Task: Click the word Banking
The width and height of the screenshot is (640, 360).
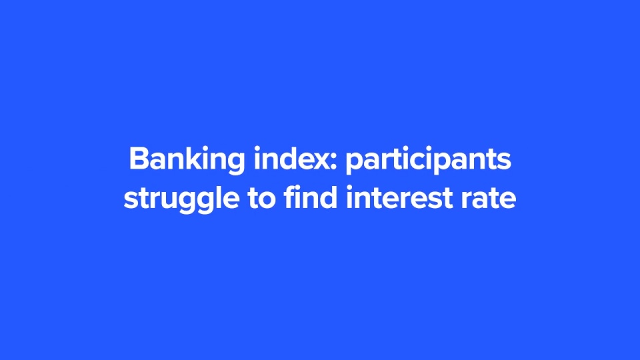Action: [187, 161]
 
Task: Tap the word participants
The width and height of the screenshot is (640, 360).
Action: [428, 161]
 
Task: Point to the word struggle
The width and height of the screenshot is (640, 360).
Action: [181, 199]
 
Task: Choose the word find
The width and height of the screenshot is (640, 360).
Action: [311, 197]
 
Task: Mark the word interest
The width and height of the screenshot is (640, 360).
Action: [399, 197]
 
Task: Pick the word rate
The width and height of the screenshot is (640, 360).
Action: [489, 199]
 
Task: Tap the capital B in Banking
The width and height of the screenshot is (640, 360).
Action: [139, 159]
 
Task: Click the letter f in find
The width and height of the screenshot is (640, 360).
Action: [290, 197]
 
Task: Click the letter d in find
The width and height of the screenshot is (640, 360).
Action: [329, 197]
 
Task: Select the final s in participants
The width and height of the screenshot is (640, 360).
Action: [505, 161]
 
